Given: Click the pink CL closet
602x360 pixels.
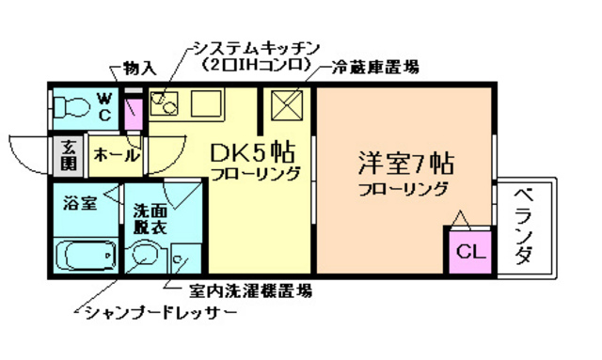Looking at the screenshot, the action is point(467,252).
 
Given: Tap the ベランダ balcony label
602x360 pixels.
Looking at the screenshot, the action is point(524,227).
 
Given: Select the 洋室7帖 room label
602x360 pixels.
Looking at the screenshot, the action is point(404,163).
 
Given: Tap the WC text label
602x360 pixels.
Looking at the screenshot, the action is point(104,105).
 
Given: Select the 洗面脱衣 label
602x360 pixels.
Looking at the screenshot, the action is point(149,219).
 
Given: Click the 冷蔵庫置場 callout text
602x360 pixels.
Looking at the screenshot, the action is point(374,68).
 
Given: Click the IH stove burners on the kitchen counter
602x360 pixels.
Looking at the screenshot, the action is point(164,102).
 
